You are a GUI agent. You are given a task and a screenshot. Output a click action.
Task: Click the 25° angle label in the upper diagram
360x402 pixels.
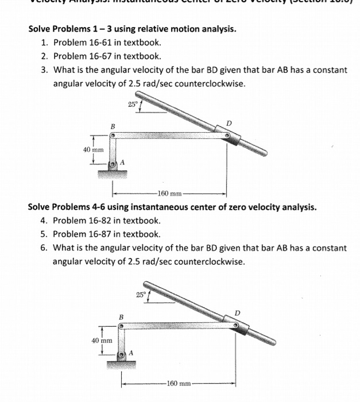click(x=134, y=105)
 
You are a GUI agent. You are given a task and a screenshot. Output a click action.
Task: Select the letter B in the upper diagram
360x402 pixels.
click(x=113, y=126)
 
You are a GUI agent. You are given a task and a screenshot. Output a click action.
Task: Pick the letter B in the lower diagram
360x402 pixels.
click(x=121, y=316)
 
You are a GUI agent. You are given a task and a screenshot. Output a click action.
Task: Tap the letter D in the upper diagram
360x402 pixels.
click(x=229, y=123)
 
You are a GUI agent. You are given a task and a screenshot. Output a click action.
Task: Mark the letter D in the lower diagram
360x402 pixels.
click(x=238, y=313)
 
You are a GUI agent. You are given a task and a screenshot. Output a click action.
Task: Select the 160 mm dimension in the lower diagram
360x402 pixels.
click(x=177, y=383)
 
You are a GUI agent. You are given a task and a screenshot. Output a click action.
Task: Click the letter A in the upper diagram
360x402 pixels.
click(x=122, y=163)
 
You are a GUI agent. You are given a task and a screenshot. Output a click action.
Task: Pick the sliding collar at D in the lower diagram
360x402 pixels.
click(x=239, y=327)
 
